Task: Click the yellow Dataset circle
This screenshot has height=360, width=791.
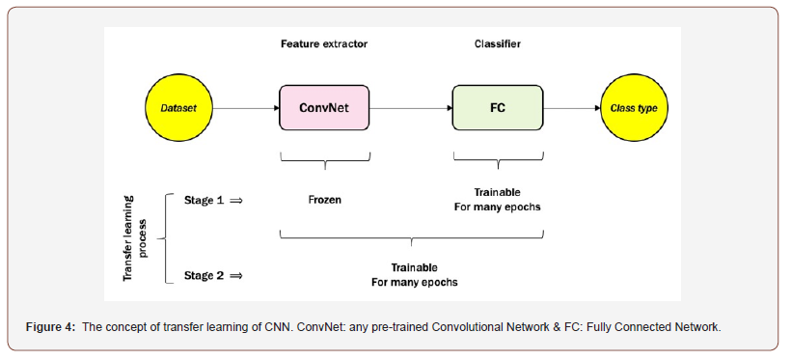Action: click(178, 107)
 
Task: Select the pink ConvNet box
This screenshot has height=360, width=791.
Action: click(324, 107)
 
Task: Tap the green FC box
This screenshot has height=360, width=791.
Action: click(497, 107)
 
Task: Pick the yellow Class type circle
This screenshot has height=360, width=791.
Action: click(633, 107)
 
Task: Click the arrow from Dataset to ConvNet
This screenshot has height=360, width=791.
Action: click(245, 107)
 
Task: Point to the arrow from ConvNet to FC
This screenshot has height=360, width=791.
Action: click(411, 107)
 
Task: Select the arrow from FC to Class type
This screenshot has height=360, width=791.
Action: click(570, 107)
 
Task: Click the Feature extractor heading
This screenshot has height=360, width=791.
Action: click(324, 44)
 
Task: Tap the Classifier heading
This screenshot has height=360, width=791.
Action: click(497, 44)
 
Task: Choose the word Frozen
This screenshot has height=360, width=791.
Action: click(324, 200)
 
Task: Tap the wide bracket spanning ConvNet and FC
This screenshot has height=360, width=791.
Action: click(412, 235)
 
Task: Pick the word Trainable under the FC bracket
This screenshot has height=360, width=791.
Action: click(497, 192)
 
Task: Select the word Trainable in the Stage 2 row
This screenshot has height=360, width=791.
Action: click(414, 267)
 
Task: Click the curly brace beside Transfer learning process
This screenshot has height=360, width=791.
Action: click(160, 237)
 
